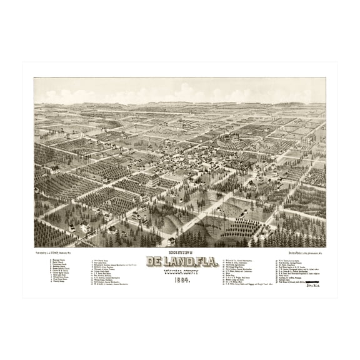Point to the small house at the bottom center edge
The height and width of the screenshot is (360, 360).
[x=171, y=241]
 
